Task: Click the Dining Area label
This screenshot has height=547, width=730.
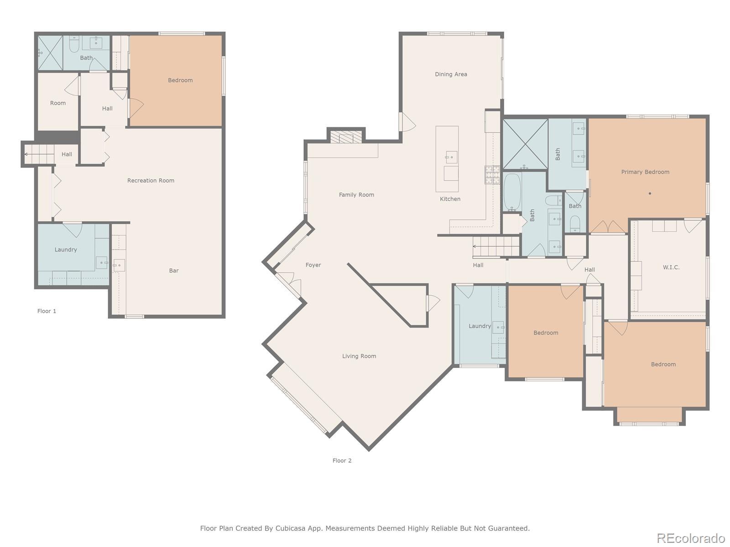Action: [451, 74]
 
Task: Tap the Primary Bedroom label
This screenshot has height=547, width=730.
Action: [645, 172]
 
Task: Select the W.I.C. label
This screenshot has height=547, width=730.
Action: [671, 268]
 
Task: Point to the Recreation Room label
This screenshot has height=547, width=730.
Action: [151, 181]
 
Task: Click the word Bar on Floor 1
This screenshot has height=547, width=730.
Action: [174, 271]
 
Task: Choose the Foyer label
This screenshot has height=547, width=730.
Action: [313, 265]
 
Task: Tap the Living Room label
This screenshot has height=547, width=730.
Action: [359, 356]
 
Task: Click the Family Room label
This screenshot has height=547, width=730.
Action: [356, 195]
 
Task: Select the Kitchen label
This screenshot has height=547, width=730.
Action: [450, 199]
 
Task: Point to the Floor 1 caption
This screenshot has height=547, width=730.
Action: [47, 311]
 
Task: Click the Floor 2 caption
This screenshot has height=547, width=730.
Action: [342, 461]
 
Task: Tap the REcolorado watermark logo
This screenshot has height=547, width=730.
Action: [691, 538]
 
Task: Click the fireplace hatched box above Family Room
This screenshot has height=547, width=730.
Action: [346, 137]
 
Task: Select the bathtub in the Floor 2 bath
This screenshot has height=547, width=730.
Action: [512, 191]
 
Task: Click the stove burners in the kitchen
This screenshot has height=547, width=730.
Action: [492, 175]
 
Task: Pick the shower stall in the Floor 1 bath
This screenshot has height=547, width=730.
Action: [50, 53]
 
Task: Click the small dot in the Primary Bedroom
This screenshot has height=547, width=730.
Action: [650, 193]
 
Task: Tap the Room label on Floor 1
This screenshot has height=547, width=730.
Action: [58, 103]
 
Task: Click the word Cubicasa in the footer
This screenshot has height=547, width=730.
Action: [290, 528]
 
